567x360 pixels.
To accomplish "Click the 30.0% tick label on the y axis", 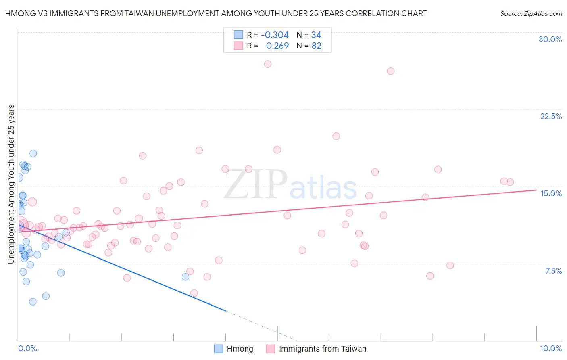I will coord(550,39).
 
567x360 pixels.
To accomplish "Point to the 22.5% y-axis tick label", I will coord(551,116).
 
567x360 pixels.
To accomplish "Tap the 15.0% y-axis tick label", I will coord(551,193).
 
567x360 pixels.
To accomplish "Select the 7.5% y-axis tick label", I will coord(553,271).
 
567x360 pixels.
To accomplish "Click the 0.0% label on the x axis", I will coord(27,348).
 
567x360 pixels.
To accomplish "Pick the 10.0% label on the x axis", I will coord(550,348).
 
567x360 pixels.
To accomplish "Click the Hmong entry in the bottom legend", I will coord(240,349).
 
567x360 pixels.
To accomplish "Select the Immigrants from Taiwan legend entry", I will coord(322,349).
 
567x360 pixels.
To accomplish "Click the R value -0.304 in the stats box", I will coord(275,35).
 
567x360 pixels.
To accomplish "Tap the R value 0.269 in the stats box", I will coord(277,46).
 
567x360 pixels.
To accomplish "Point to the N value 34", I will coord(316,35).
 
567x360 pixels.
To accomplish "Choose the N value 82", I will coord(316,46).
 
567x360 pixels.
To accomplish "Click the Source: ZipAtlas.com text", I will coord(531,13).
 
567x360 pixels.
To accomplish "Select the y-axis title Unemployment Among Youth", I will coord(11,184).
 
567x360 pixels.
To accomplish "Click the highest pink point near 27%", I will coord(267,64).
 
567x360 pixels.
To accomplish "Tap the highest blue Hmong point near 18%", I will coord(33,153).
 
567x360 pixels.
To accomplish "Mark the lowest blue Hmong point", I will coord(33,301).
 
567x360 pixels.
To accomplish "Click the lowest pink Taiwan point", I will coord(194,293).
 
